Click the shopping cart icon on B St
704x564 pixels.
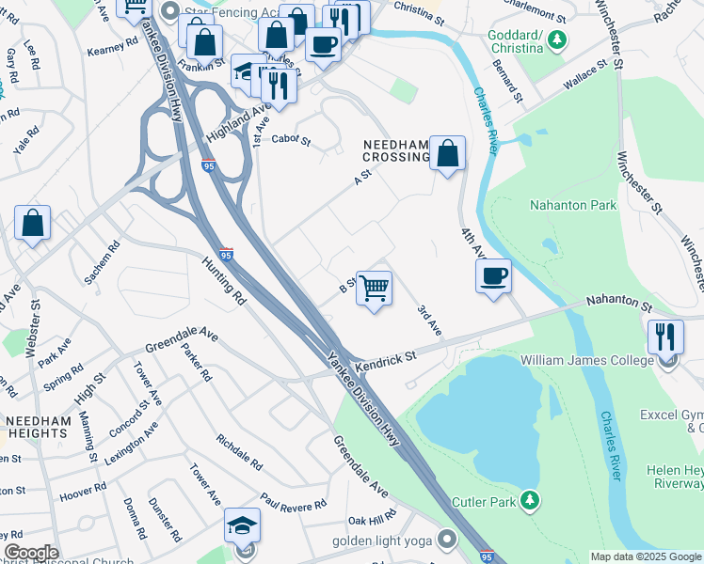[x=375, y=289]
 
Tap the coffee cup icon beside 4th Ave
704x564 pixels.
[x=493, y=275]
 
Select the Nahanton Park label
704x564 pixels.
[x=572, y=206]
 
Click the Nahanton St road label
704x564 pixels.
[x=618, y=305]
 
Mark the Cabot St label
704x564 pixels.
[x=291, y=140]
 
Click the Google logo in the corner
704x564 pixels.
[x=30, y=552]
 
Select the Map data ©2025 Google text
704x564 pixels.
[x=645, y=556]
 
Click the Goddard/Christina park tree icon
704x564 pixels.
[x=559, y=39]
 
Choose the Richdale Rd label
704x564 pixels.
[x=239, y=452]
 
